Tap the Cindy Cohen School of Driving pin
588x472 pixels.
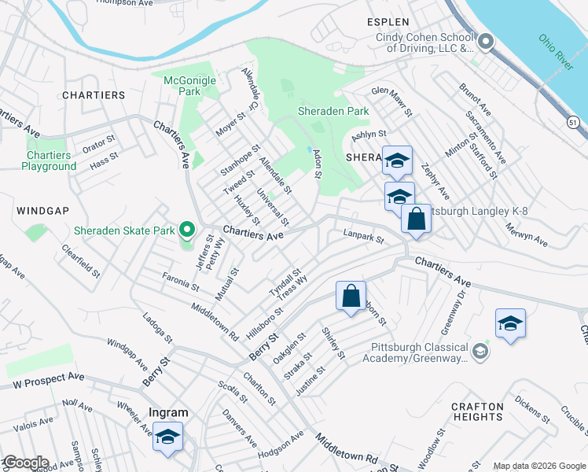click(486, 42)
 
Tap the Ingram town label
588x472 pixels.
click(168, 412)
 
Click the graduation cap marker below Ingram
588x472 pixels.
click(167, 437)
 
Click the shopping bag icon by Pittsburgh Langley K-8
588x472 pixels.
click(416, 219)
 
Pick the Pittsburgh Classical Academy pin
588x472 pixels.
click(481, 348)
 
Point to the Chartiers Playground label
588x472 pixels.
click(49, 160)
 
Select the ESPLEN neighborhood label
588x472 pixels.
click(388, 22)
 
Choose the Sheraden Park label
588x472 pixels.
click(333, 112)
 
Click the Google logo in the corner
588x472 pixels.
click(25, 463)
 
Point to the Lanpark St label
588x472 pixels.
click(363, 235)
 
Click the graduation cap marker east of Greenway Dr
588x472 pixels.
click(510, 323)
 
